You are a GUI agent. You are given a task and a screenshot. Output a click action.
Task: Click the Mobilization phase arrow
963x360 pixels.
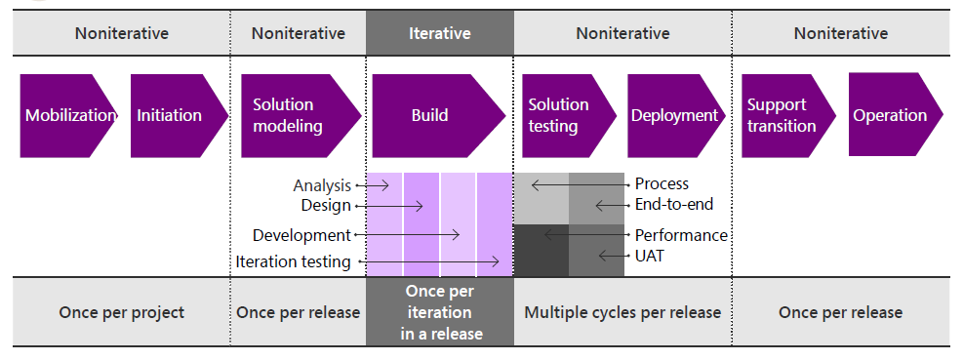point(68,115)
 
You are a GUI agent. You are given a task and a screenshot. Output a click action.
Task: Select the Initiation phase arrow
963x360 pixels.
point(180,115)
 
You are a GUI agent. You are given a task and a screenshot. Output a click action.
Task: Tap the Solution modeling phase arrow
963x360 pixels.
point(301,115)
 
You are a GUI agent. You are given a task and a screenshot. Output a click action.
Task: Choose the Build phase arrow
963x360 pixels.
point(438,115)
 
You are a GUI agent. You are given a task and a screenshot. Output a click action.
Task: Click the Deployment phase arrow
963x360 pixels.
point(676,115)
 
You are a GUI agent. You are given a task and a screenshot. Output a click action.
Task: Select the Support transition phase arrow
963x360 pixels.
point(788,115)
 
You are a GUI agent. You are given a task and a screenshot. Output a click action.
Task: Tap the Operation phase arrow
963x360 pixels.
point(896,114)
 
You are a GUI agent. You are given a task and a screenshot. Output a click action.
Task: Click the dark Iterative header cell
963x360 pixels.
point(440,32)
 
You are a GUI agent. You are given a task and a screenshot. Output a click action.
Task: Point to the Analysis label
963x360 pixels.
point(322,185)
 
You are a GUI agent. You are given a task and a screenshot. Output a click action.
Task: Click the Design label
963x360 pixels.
point(326,205)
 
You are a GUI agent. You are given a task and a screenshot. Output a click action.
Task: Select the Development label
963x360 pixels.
point(301,235)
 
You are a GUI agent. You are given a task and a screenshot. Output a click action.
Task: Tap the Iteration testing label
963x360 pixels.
point(293,261)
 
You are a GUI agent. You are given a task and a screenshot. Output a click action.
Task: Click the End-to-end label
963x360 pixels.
point(674,205)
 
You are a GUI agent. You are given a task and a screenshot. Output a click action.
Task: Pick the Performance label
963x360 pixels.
point(681,235)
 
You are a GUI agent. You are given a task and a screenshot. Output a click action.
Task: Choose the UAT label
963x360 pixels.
point(650,256)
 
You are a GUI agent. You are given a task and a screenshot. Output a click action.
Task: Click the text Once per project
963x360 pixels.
point(122,312)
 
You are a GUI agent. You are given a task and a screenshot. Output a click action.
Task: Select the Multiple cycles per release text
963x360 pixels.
point(622,312)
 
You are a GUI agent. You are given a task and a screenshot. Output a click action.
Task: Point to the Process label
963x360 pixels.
point(662,183)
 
